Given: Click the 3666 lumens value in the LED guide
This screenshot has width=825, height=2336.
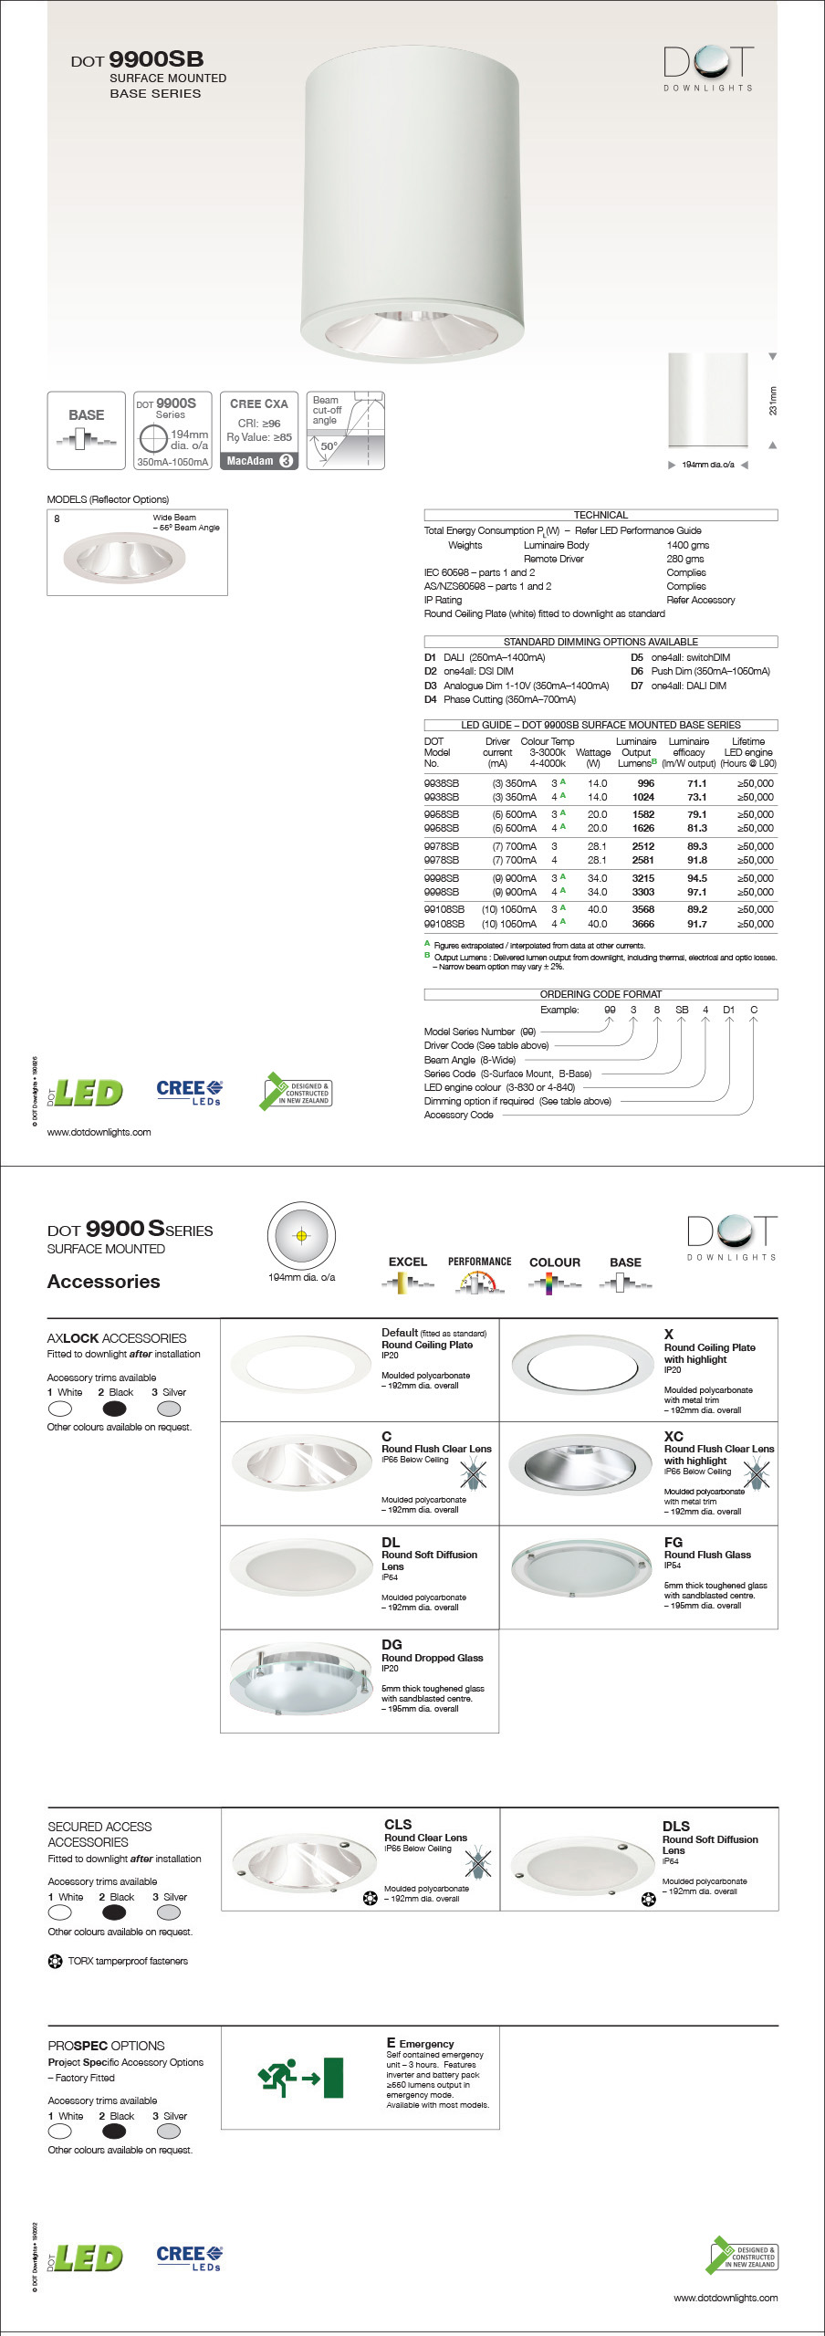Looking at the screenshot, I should pyautogui.click(x=642, y=924).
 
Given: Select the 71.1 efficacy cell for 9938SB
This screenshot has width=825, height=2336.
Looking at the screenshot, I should pyautogui.click(x=696, y=783).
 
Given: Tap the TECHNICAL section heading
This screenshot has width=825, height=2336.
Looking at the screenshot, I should pyautogui.click(x=600, y=515).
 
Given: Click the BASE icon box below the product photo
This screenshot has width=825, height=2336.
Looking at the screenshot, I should pyautogui.click(x=86, y=430).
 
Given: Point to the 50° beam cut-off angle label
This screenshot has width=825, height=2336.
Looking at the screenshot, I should pyautogui.click(x=329, y=446).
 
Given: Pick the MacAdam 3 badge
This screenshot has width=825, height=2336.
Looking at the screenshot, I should pyautogui.click(x=259, y=461).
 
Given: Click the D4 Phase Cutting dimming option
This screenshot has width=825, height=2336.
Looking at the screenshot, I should pyautogui.click(x=500, y=699).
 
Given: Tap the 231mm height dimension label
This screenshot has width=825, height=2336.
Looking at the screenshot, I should pyautogui.click(x=773, y=401).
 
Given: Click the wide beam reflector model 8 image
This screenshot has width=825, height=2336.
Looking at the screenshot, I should pyautogui.click(x=124, y=555).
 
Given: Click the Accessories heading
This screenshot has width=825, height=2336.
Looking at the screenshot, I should pyautogui.click(x=104, y=1282).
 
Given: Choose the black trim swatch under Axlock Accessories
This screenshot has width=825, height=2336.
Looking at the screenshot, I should pyautogui.click(x=115, y=1409).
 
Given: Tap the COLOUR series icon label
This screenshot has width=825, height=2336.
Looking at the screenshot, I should pyautogui.click(x=554, y=1262).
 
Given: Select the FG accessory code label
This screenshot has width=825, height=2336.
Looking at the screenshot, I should pyautogui.click(x=674, y=1542).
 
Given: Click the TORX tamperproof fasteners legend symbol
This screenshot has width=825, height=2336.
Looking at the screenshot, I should pyautogui.click(x=55, y=1961).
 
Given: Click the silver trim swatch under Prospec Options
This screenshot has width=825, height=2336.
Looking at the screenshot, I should pyautogui.click(x=169, y=2132).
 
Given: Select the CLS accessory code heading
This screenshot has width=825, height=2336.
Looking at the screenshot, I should pyautogui.click(x=398, y=1824).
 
